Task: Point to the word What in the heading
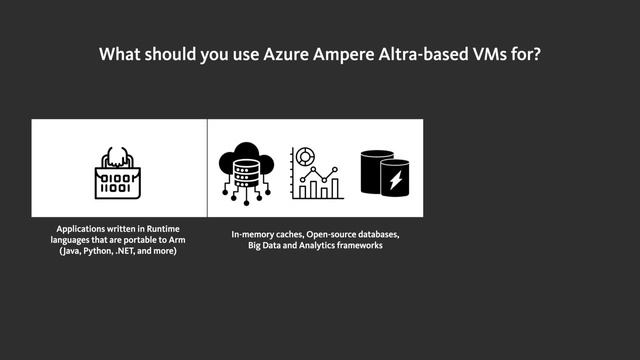tap(123, 54)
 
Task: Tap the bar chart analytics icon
tap(317, 173)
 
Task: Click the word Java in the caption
tap(74, 251)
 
